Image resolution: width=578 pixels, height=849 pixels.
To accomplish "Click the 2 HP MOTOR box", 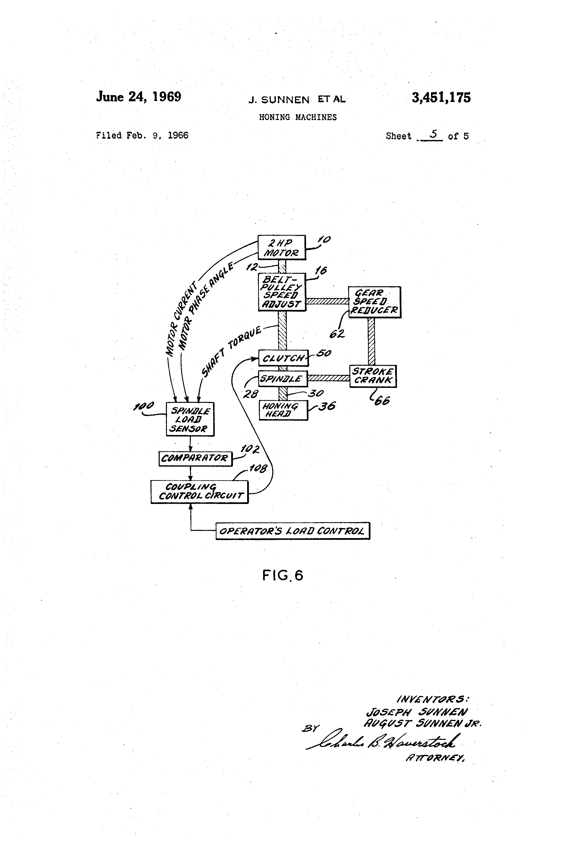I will click(281, 248).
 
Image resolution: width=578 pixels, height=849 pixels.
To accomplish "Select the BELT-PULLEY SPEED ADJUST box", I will click(282, 292).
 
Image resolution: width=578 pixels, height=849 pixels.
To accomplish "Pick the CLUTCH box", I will click(283, 358).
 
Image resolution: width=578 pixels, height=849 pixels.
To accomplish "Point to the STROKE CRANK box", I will click(373, 376).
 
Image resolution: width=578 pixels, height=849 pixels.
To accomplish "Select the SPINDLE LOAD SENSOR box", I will click(190, 419).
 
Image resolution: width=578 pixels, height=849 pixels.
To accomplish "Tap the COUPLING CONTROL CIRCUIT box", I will click(200, 492).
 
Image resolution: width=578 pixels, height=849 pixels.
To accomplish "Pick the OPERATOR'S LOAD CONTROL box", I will click(292, 531).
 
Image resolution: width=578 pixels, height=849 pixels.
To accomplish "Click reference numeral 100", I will click(144, 406).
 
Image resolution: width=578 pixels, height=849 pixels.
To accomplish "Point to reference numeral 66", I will click(382, 401).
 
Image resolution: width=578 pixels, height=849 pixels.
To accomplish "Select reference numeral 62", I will click(337, 334).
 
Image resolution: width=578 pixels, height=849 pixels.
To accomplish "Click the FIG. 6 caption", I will click(283, 575).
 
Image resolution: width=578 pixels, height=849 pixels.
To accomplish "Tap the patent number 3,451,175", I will click(441, 98).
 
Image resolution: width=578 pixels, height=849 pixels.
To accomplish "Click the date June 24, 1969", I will click(139, 96).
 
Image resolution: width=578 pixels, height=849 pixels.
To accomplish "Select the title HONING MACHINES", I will click(298, 117).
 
